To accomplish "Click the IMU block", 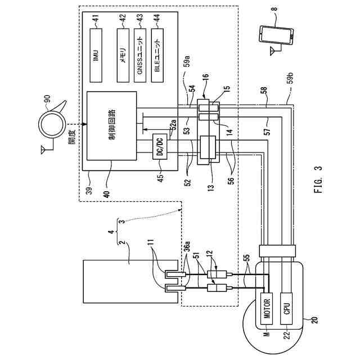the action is point(96,55).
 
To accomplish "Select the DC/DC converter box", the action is point(160,146).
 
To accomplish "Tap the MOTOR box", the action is point(267,308).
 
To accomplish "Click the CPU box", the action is point(286,308).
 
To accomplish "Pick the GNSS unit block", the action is point(140,55).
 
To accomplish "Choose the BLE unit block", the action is point(157,55).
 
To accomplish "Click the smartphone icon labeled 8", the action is point(276,35).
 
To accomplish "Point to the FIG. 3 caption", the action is point(318,179).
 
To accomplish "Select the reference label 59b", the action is point(290,80).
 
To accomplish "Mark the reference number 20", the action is point(314,320).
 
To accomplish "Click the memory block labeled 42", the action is point(123,55).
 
